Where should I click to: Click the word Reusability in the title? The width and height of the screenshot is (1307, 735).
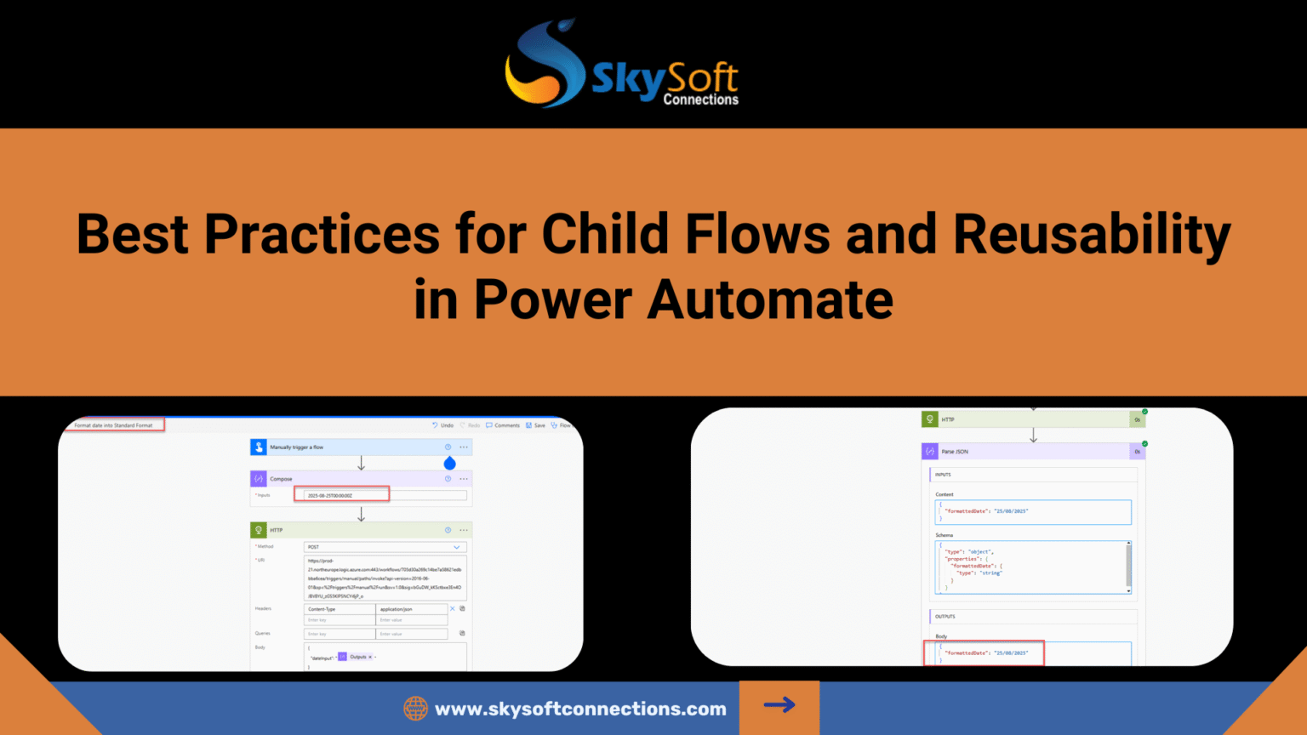[x=1092, y=235]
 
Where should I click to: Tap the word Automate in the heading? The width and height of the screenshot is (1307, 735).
[x=770, y=300]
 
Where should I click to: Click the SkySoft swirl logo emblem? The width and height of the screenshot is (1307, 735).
[x=545, y=66]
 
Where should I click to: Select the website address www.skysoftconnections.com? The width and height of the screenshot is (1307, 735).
[x=580, y=709]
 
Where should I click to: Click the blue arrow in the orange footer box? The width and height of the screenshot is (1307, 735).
[x=779, y=705]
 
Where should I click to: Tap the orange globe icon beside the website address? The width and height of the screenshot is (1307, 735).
[x=415, y=709]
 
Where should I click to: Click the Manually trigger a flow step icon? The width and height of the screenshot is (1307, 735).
[x=259, y=447]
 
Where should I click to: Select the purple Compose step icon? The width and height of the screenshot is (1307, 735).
[x=259, y=479]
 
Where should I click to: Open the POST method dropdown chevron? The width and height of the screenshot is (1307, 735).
[x=457, y=547]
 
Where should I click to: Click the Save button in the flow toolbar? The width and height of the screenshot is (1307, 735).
[x=535, y=425]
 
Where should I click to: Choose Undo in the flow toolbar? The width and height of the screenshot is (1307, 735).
[x=442, y=425]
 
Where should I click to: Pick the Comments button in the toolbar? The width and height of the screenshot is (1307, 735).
[x=503, y=425]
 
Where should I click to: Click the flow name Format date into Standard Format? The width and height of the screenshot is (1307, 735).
[x=113, y=425]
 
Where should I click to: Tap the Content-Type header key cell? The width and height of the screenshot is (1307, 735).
[x=339, y=609]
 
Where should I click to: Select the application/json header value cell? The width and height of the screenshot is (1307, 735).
[x=411, y=609]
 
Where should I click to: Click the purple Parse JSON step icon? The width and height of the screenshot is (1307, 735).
[x=930, y=452]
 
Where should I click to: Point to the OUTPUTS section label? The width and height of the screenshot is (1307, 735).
[x=945, y=617]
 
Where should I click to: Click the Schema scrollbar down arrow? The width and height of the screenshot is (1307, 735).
[x=1129, y=590]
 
